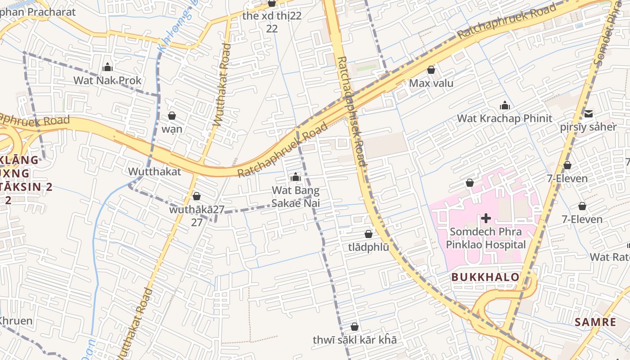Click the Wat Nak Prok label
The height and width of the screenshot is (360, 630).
[108, 81]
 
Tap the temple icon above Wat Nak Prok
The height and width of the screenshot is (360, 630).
[108, 67]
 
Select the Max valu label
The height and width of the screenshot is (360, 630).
[431, 83]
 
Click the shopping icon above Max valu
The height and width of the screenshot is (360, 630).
[431, 70]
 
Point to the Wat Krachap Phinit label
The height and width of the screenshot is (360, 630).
[504, 118]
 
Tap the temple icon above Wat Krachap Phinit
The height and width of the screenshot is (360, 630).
[505, 105]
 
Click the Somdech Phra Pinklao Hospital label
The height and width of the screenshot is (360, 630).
[486, 238]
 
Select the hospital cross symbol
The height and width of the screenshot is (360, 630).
[486, 219]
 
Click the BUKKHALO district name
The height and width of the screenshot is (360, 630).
[486, 277]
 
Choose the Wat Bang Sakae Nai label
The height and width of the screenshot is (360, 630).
[296, 197]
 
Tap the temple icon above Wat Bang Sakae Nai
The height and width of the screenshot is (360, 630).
[296, 177]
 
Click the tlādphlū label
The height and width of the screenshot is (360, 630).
[369, 247]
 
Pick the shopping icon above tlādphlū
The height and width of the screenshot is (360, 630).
[369, 234]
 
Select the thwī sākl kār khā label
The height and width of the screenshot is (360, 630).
[355, 340]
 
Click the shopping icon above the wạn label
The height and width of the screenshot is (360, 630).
[172, 116]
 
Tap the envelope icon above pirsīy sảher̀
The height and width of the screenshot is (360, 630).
[589, 113]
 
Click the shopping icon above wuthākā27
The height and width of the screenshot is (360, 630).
[197, 196]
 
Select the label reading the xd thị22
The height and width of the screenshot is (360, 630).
[272, 16]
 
